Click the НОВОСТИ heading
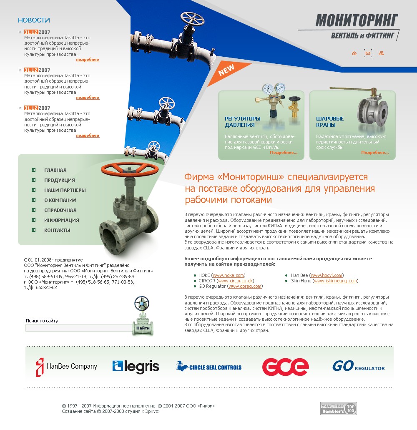[34, 20]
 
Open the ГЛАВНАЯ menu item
[55, 170]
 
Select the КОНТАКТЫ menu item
[57, 230]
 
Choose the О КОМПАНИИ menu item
[60, 200]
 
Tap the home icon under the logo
[354, 53]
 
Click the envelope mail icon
[367, 53]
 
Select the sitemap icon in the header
[381, 53]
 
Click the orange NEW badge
[227, 70]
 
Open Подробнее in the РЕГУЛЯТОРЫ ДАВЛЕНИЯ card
[284, 153]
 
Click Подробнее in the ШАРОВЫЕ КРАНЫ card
[375, 153]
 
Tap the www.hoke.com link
[228, 275]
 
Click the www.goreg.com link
[245, 286]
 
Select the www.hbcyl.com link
[327, 275]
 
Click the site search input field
[78, 328]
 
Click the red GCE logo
[285, 367]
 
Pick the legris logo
[136, 367]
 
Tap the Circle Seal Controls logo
[209, 367]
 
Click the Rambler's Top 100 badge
[338, 409]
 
